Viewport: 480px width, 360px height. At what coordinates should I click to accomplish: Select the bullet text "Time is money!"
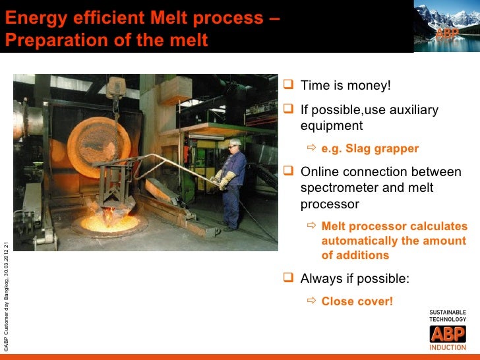tap(345, 86)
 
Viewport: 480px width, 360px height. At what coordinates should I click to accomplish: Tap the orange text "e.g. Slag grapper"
tap(369, 148)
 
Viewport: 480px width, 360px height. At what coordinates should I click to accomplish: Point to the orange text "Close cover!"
tap(357, 301)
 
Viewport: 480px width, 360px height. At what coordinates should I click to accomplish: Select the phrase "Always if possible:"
tap(354, 278)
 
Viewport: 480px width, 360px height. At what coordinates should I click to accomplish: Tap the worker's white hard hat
tap(234, 143)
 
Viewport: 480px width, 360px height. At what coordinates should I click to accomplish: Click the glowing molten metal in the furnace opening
tap(109, 223)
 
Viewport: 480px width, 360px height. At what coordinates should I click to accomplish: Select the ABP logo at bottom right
tap(447, 334)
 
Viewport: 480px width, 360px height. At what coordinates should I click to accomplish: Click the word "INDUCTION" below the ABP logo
tap(448, 347)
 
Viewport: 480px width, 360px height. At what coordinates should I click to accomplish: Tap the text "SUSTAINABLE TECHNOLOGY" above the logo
tap(448, 315)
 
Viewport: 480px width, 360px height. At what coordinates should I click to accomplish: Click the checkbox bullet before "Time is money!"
tap(287, 86)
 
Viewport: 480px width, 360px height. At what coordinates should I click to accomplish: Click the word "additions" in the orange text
tap(355, 255)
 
